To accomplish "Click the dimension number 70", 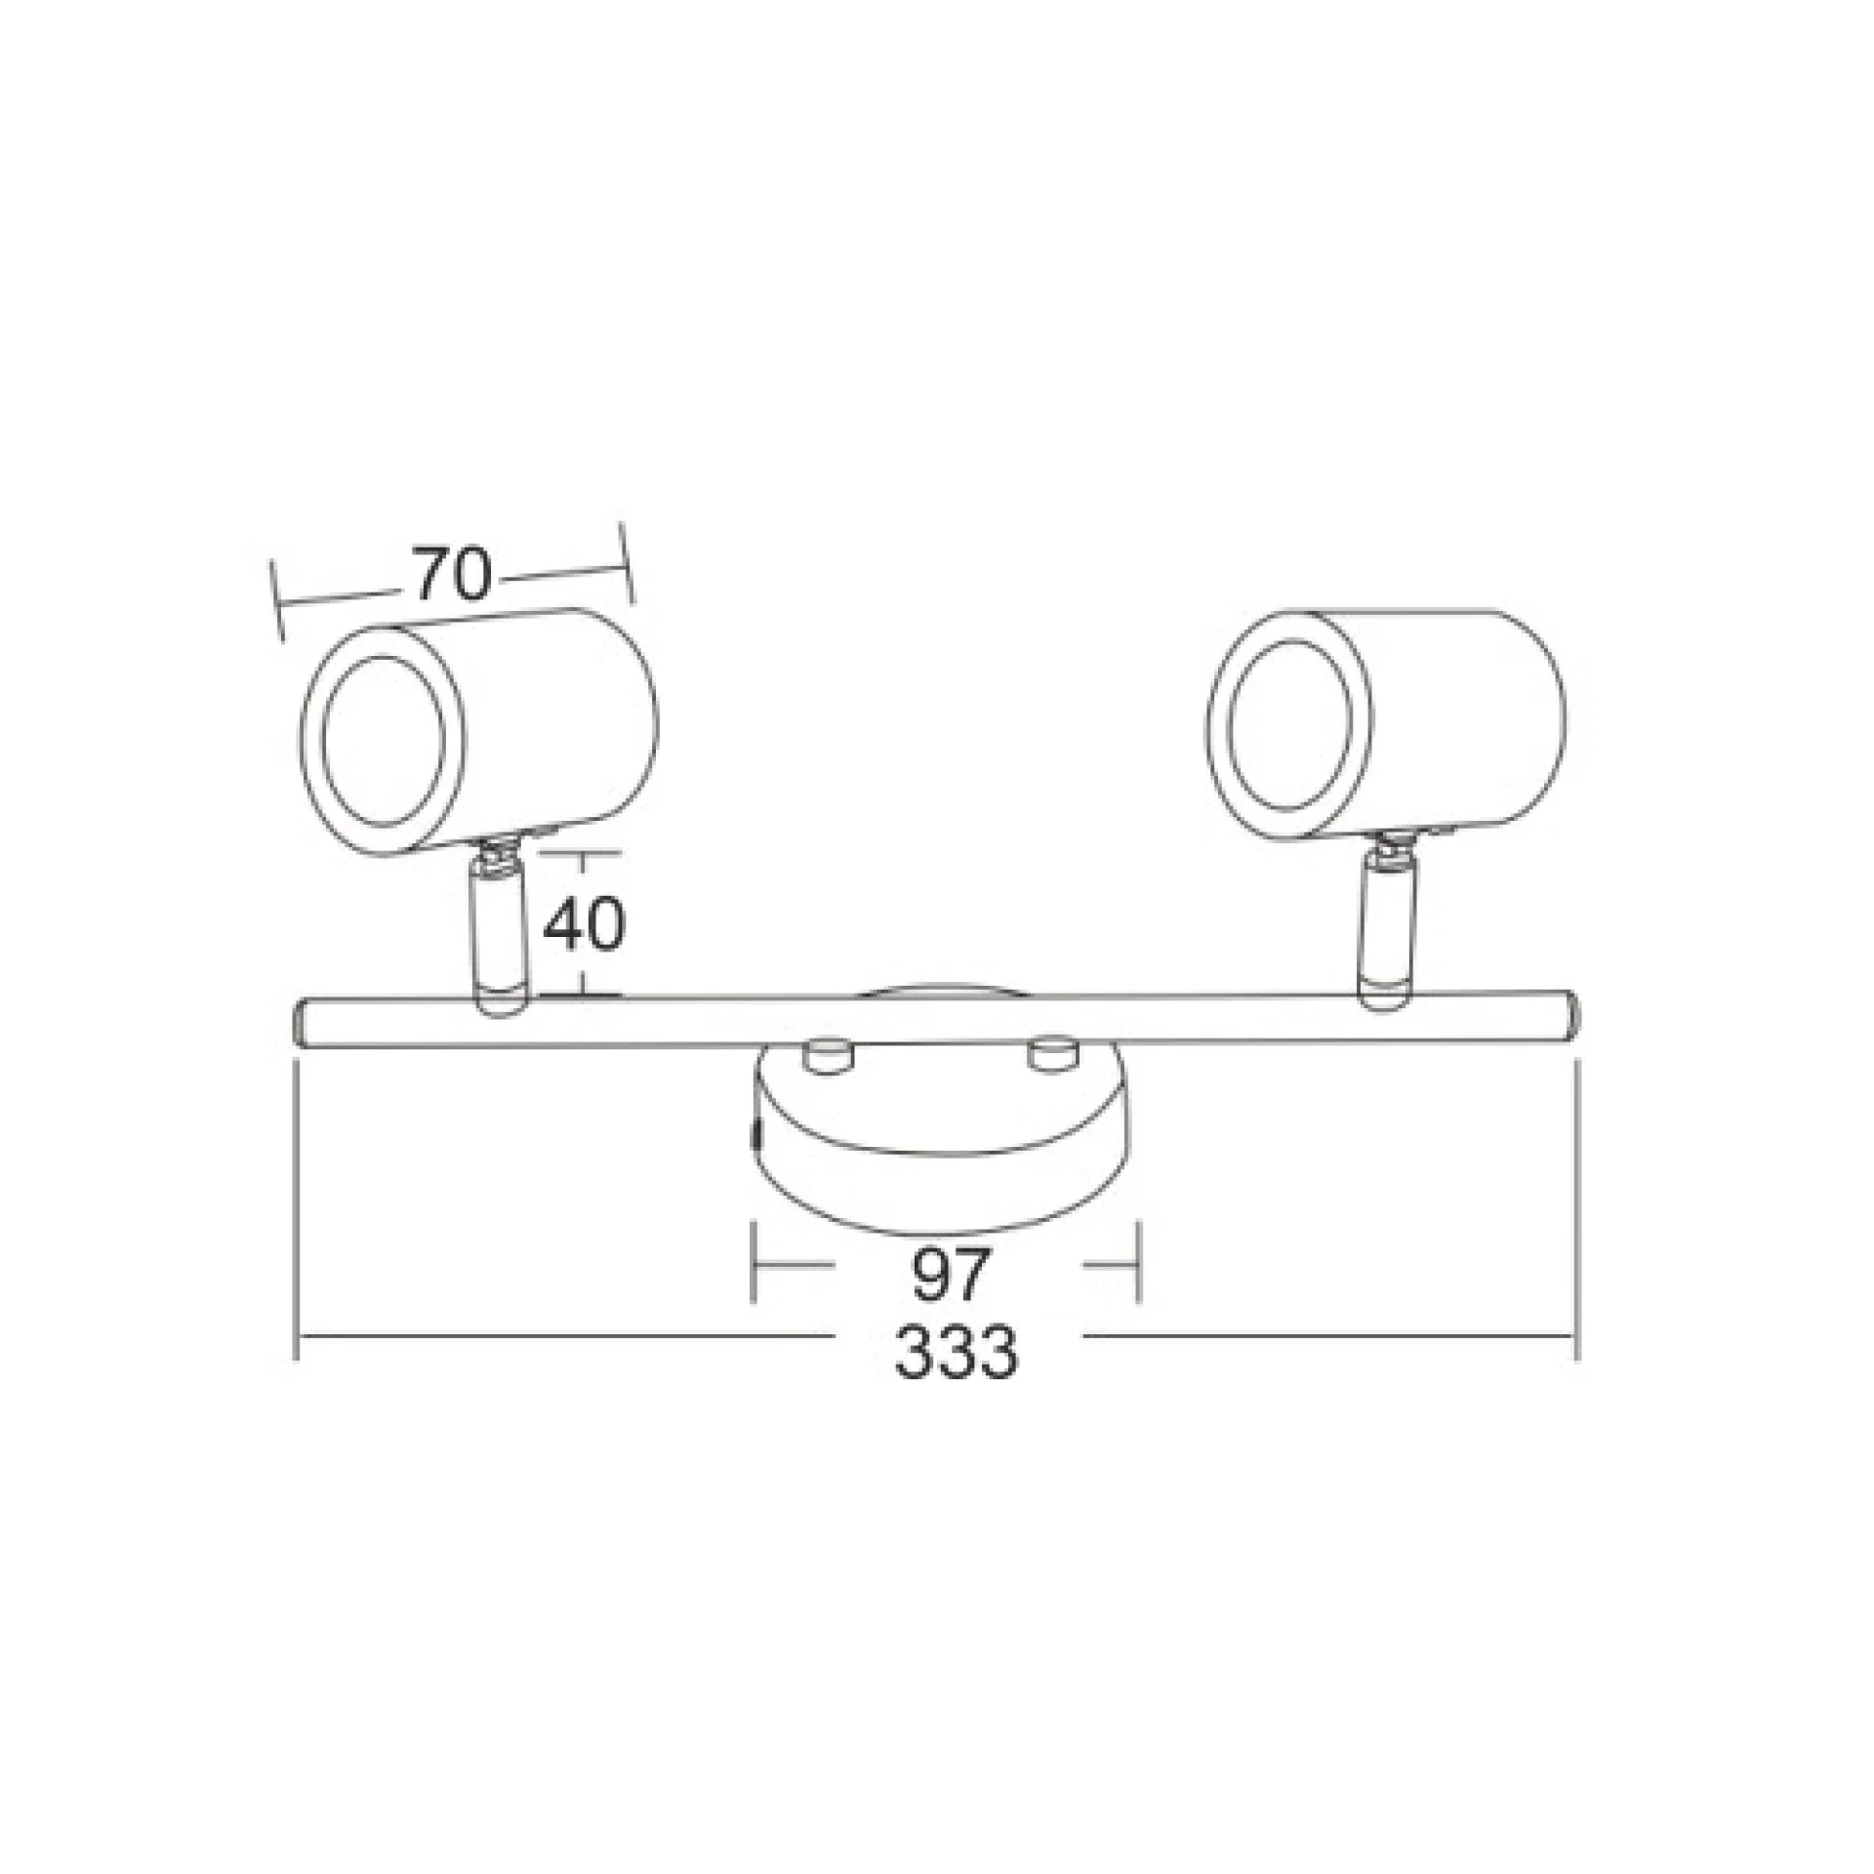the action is click(450, 575).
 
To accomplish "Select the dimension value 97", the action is click(951, 1273).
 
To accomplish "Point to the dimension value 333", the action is click(956, 1351).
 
